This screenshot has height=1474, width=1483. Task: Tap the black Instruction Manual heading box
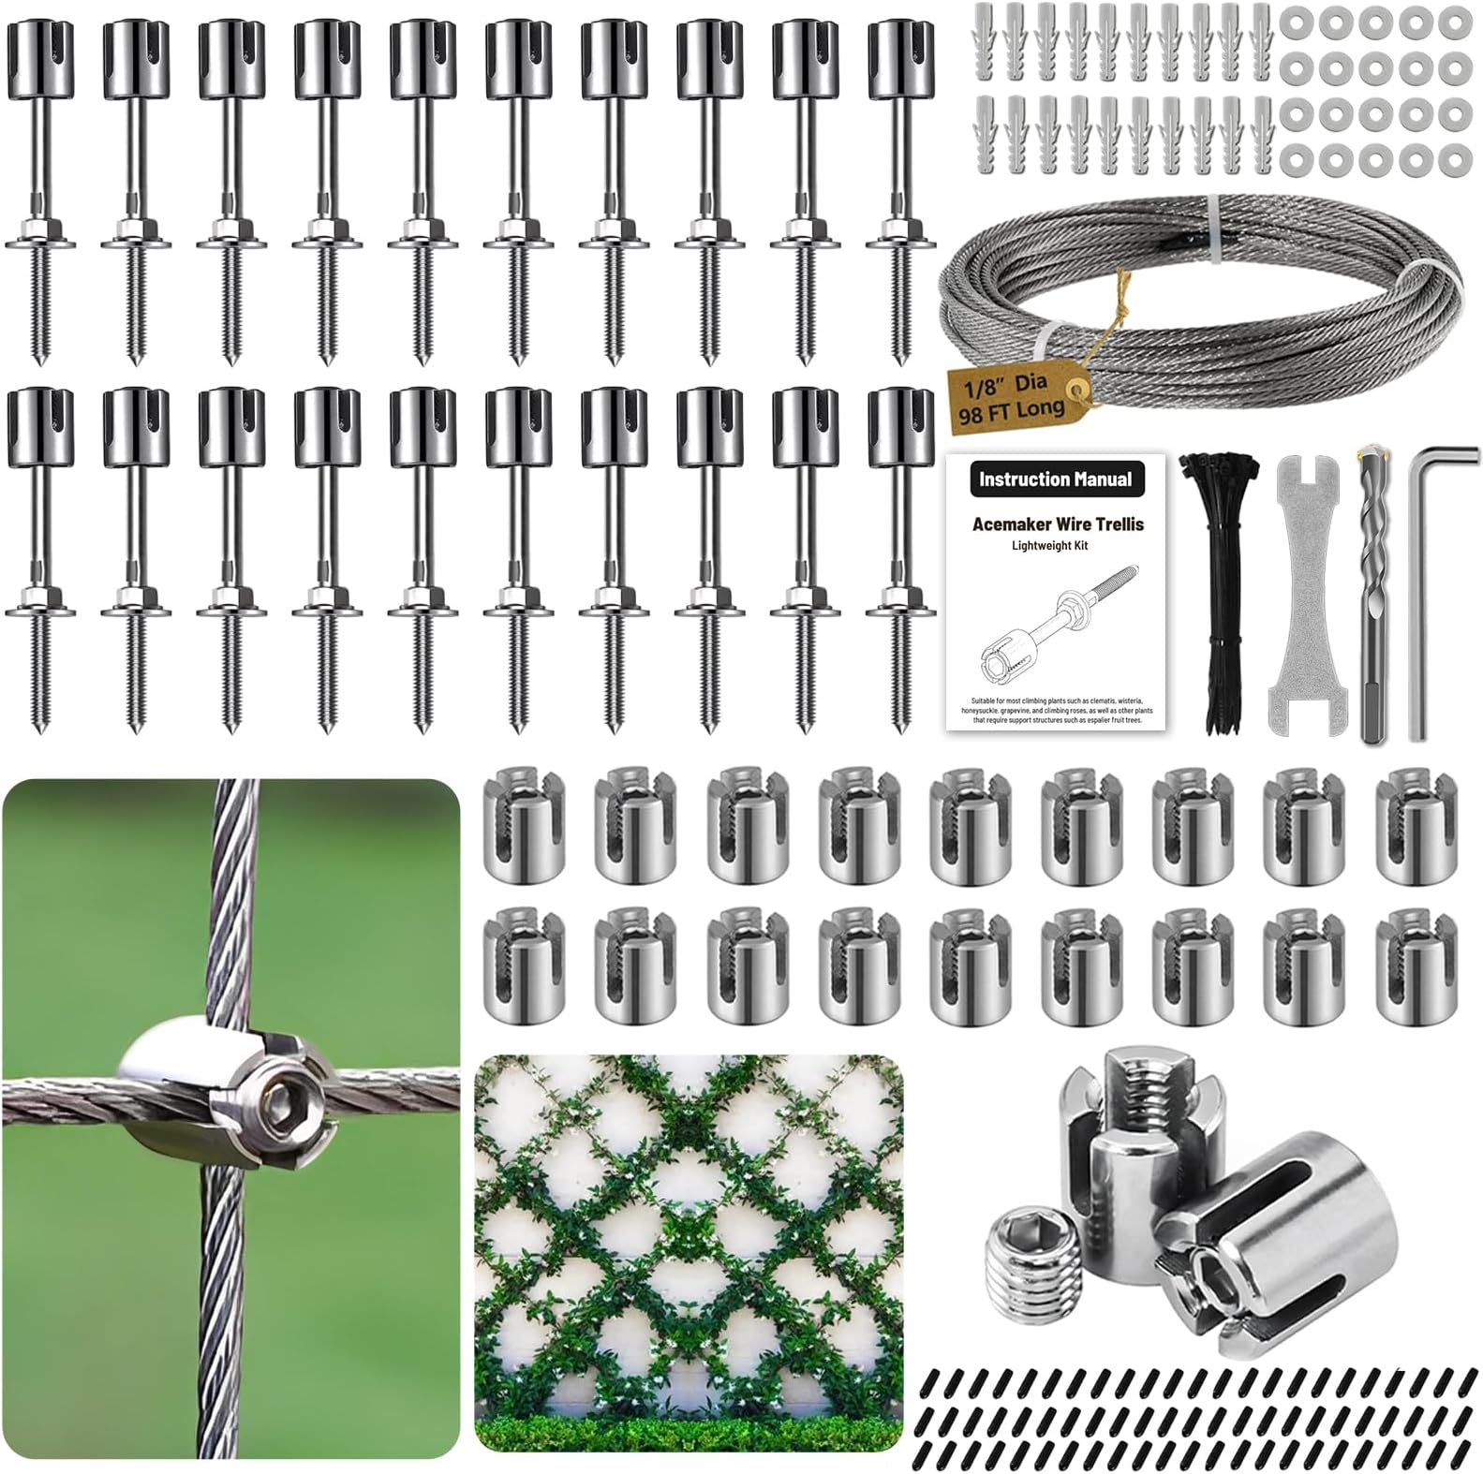(x=1055, y=479)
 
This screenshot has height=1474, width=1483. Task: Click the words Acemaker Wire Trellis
(x=1058, y=524)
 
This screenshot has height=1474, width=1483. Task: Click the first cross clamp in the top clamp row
(x=522, y=823)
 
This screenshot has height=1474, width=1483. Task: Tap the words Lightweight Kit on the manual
(x=1049, y=546)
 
